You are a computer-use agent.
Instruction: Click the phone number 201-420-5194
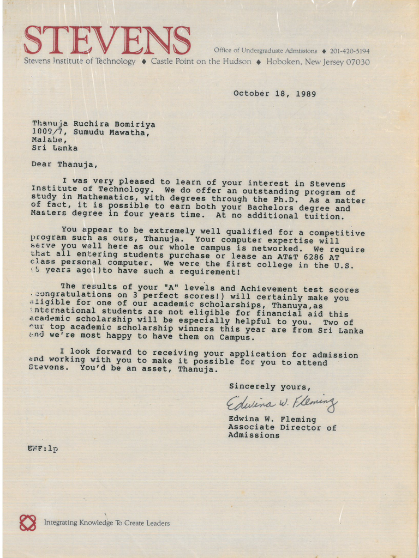tap(350, 51)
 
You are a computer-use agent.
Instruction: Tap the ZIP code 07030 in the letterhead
tap(358, 62)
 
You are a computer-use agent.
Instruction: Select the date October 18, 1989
tap(274, 94)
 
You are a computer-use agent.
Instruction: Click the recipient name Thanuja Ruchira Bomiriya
tap(93, 124)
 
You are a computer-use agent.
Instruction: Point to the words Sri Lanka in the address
tap(55, 148)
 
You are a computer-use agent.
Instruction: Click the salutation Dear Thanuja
tap(64, 164)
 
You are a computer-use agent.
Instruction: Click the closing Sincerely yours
tap(270, 386)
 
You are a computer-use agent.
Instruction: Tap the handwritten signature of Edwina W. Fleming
tap(282, 404)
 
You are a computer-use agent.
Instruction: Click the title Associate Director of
tap(282, 428)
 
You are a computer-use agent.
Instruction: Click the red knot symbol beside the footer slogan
tap(28, 523)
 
